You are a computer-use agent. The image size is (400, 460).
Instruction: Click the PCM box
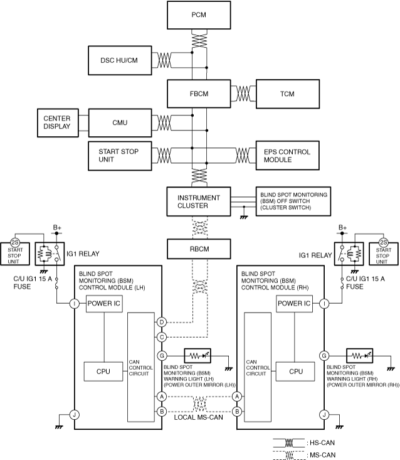point(199,15)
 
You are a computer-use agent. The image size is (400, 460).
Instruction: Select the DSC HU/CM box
point(120,60)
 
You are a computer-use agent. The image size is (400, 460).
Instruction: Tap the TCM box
point(288,94)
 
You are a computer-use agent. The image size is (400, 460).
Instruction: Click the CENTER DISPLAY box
point(58,122)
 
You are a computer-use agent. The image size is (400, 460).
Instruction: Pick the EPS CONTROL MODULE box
point(288,156)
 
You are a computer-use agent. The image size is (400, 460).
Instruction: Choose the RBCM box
point(199,249)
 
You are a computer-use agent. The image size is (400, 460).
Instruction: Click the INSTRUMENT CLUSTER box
point(199,201)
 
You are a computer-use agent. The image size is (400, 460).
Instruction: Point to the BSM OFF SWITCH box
point(293,201)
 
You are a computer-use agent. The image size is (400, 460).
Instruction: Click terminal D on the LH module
point(162,322)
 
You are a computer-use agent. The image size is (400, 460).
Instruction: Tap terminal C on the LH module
point(162,337)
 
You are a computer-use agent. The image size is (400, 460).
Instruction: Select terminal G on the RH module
point(324,356)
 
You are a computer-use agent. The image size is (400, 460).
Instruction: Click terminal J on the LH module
point(75,415)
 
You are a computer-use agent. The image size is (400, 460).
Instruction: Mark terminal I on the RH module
point(324,303)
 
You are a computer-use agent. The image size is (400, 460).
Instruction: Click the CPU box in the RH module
point(295,372)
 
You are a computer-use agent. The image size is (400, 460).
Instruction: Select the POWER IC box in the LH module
point(104,304)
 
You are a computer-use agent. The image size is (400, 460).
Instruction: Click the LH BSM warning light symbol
point(197,356)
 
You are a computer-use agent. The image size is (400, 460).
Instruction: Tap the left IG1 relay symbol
point(50,254)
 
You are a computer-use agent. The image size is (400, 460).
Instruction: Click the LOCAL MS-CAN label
point(198,417)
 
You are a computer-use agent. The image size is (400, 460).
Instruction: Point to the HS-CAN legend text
point(322,442)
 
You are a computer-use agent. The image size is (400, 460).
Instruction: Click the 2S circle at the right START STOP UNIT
point(384,243)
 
